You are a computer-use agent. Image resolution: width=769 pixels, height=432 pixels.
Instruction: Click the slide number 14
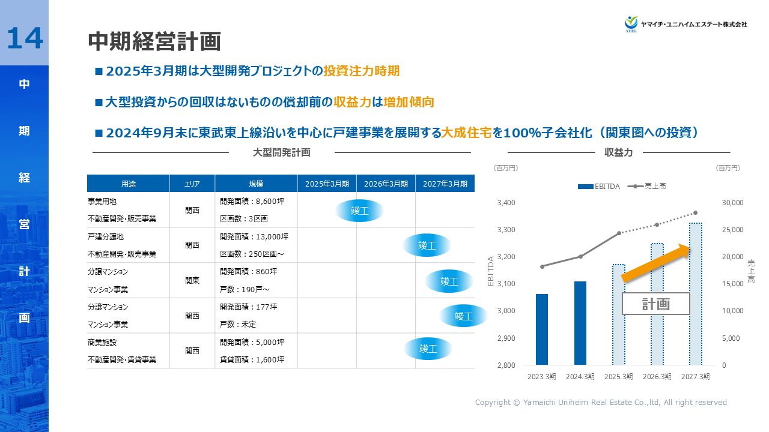pyautogui.click(x=25, y=38)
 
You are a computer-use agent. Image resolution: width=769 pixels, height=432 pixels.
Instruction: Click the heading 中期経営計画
pyautogui.click(x=154, y=41)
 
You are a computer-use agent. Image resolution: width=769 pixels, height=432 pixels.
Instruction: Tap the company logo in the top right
pyautogui.click(x=685, y=24)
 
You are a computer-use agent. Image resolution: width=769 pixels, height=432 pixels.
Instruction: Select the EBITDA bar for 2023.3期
pyautogui.click(x=542, y=329)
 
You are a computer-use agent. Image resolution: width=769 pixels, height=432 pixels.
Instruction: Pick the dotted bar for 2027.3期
pyautogui.click(x=695, y=294)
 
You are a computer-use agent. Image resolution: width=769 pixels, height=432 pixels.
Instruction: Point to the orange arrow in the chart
pyautogui.click(x=658, y=262)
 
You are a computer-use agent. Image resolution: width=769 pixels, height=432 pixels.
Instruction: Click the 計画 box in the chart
pyautogui.click(x=655, y=304)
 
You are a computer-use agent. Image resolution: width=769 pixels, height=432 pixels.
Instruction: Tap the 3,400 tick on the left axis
pyautogui.click(x=507, y=203)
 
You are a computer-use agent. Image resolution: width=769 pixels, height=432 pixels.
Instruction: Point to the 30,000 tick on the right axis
pyautogui.click(x=732, y=203)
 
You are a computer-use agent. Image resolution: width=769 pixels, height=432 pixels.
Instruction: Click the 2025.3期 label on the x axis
pyautogui.click(x=618, y=377)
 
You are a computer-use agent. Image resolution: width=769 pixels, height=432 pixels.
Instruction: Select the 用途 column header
pyautogui.click(x=128, y=184)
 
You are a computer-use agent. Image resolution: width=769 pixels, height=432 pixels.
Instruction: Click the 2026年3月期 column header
pyautogui.click(x=386, y=184)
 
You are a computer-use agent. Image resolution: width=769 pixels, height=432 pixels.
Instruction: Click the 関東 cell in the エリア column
pyautogui.click(x=192, y=280)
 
